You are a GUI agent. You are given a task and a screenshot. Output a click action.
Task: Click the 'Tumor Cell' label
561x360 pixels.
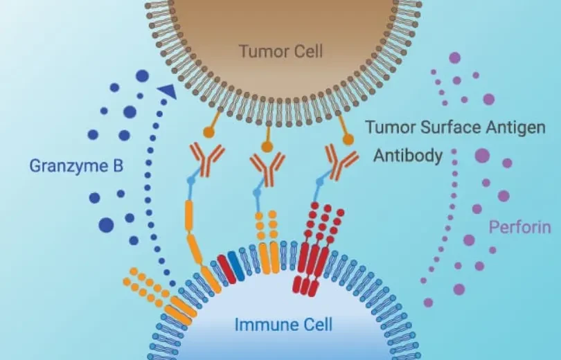tap(280, 51)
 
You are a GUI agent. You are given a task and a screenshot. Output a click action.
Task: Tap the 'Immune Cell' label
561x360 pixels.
tap(283, 325)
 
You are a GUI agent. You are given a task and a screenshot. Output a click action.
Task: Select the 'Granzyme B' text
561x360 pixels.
tap(76, 166)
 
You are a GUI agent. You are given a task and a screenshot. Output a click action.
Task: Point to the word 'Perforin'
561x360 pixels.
tap(520, 227)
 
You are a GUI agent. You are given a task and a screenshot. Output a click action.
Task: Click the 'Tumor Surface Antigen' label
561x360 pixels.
tap(455, 127)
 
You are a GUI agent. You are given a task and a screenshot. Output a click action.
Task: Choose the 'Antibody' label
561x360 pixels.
tap(408, 156)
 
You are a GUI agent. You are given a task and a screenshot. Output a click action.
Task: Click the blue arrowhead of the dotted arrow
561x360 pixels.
tap(168, 91)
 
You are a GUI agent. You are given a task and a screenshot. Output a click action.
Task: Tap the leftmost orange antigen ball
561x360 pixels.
tap(208, 133)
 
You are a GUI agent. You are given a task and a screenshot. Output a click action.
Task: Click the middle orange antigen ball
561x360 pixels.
tap(267, 147)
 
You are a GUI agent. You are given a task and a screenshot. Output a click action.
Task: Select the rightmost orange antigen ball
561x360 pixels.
tap(348, 139)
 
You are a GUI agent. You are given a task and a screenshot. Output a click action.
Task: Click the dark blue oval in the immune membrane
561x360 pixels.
tap(236, 266)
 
